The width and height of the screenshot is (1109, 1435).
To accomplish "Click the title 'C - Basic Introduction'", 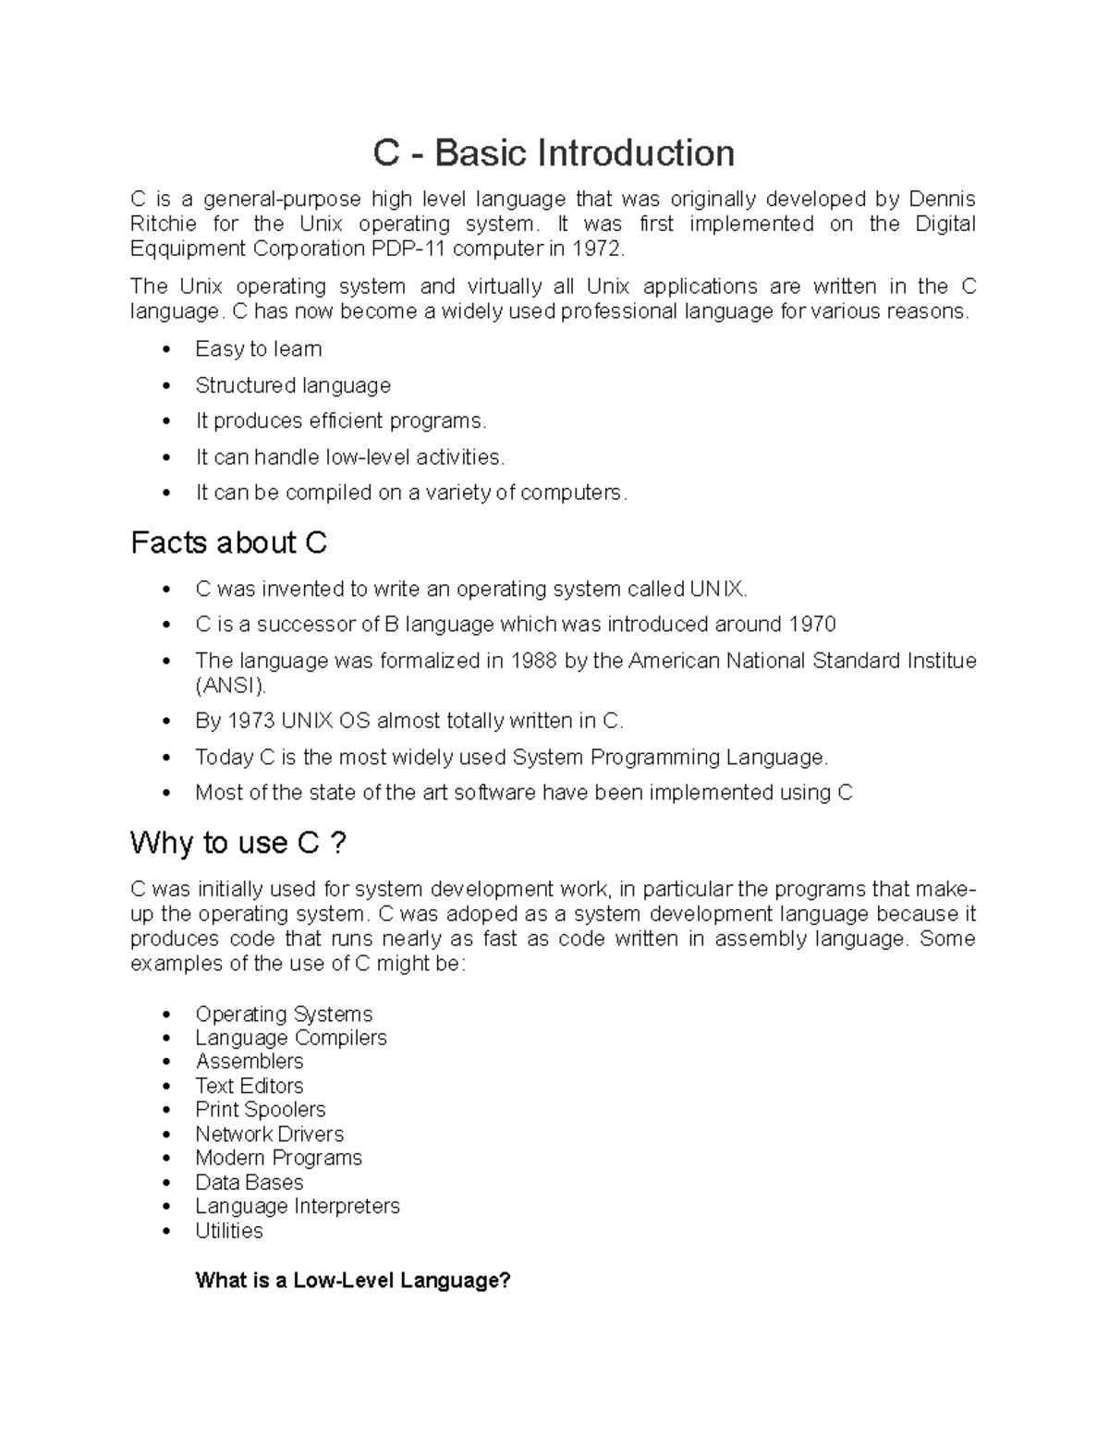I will (x=554, y=153).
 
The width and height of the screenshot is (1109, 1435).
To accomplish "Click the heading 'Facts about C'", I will (x=229, y=542).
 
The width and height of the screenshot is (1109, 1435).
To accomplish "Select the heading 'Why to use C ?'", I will (x=238, y=843).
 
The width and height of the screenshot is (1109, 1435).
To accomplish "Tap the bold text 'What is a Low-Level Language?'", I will (x=353, y=1281).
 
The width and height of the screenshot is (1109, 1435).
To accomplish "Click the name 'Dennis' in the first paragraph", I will (x=942, y=200).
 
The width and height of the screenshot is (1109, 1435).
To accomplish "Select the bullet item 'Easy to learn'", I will (x=258, y=349).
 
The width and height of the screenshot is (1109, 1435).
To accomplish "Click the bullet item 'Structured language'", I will (x=293, y=385).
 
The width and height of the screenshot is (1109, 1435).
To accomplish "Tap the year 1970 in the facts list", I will (x=811, y=625).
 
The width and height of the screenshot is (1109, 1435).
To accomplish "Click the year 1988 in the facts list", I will (x=535, y=661).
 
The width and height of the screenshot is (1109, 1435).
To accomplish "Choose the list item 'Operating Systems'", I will (x=284, y=1015).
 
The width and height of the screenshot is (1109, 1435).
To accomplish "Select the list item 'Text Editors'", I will (x=250, y=1087).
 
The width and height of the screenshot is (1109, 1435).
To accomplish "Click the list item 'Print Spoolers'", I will (x=261, y=1110).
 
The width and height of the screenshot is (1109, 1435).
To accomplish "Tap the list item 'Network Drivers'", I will (x=269, y=1135).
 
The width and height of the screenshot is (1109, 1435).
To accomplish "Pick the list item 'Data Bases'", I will (x=250, y=1183).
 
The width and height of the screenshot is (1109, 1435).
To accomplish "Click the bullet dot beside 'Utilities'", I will (x=166, y=1232).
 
